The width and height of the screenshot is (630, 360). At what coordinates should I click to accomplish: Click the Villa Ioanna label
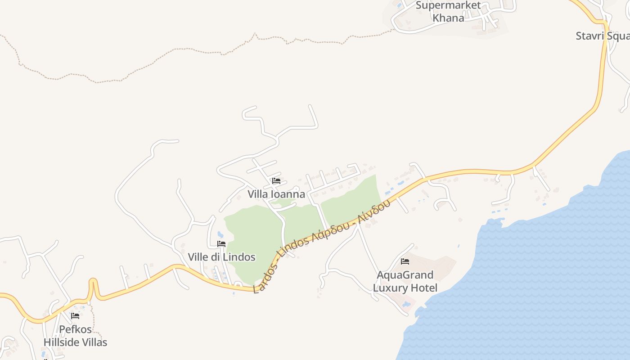pos(276,194)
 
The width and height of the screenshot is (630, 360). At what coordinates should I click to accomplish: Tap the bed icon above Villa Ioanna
pos(276,181)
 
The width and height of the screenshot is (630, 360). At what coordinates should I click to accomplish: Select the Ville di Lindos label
pos(221,257)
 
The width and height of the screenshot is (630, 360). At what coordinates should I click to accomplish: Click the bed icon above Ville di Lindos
pos(221,244)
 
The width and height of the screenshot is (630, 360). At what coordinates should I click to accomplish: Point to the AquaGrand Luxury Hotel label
pos(405,281)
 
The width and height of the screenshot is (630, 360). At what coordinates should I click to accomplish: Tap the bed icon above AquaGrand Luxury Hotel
pos(405,261)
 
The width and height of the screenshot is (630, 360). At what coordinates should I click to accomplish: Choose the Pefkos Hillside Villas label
pos(75,336)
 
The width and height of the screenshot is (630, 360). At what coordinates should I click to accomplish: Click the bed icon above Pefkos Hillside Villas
pos(75,316)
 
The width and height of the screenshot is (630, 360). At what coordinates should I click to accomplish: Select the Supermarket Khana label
pos(448,12)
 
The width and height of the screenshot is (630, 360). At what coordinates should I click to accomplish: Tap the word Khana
pos(448,18)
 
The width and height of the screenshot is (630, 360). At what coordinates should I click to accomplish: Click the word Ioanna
pos(288,194)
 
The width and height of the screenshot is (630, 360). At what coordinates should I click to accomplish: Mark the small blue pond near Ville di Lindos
pos(220,234)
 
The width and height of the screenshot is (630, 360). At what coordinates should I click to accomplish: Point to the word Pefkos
pos(75,329)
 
